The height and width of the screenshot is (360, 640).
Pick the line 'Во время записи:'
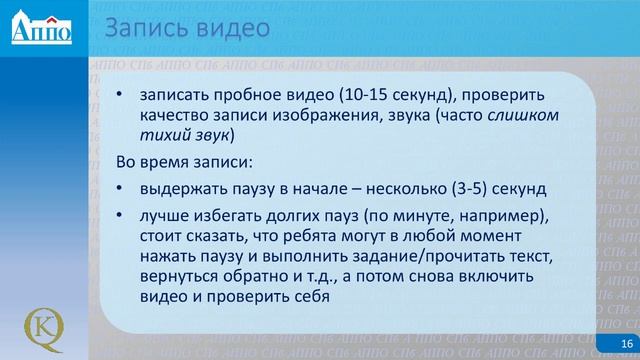[171, 161]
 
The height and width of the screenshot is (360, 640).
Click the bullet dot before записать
[121, 97]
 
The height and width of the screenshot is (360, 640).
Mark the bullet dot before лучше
[121, 217]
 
